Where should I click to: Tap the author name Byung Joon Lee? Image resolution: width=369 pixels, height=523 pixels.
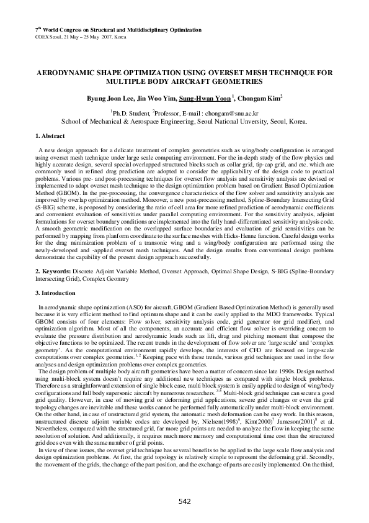pyautogui.click(x=109, y=98)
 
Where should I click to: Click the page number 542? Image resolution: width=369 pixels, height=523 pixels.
pyautogui.click(x=185, y=501)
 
